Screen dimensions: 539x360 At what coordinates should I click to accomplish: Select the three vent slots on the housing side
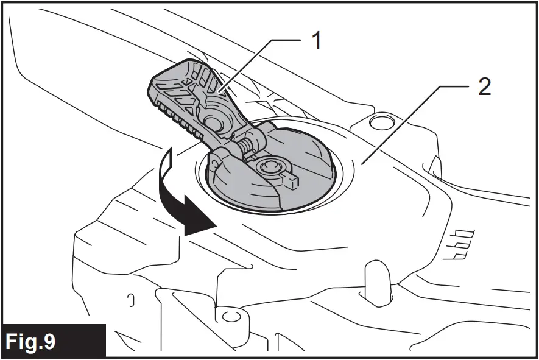[x=465, y=244]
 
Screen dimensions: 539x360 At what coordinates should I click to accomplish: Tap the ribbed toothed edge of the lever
[x=177, y=119]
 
